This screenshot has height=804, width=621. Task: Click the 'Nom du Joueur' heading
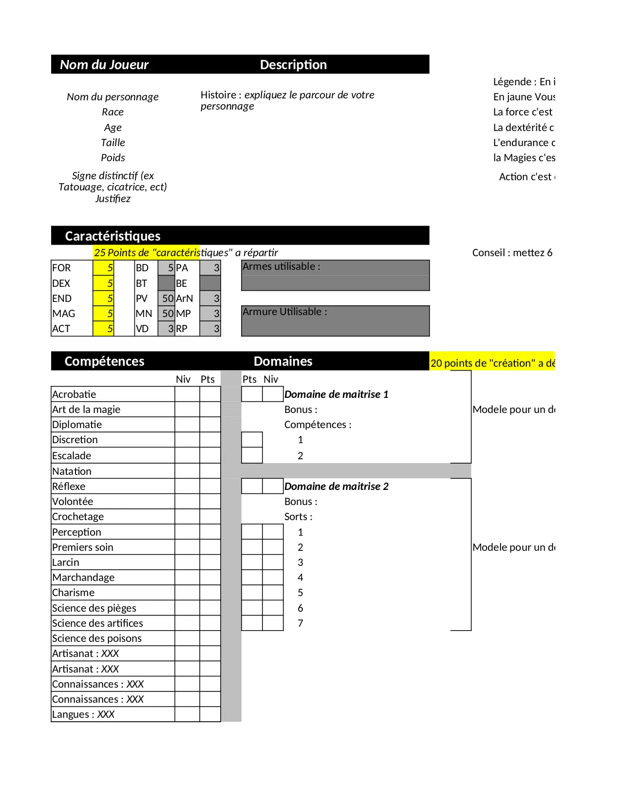coord(104,65)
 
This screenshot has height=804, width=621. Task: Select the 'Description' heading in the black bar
coord(293,65)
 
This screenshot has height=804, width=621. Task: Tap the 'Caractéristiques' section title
coord(113,236)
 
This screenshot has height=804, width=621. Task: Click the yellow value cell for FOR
coord(103,268)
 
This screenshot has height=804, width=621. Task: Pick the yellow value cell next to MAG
coord(103,314)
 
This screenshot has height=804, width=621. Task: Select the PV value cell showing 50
coord(167,299)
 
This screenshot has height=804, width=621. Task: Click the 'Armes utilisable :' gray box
coord(335,275)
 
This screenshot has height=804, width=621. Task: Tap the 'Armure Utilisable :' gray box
coord(335,321)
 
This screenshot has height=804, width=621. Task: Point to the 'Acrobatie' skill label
coord(74,394)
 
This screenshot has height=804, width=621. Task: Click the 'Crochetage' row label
coord(78,517)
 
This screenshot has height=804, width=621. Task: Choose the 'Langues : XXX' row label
coord(83,714)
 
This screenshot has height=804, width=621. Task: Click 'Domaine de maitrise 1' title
coord(336,394)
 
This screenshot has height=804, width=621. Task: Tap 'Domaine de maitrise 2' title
coord(336,486)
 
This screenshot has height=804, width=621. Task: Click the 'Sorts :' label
coord(298,517)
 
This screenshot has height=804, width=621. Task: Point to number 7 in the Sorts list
coord(301,623)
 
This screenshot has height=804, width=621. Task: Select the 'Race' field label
coord(113,112)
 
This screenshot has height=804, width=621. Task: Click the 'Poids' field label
coord(113,158)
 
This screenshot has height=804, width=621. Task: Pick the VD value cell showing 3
coord(167,329)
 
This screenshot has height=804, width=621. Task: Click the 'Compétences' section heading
coord(104,361)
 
